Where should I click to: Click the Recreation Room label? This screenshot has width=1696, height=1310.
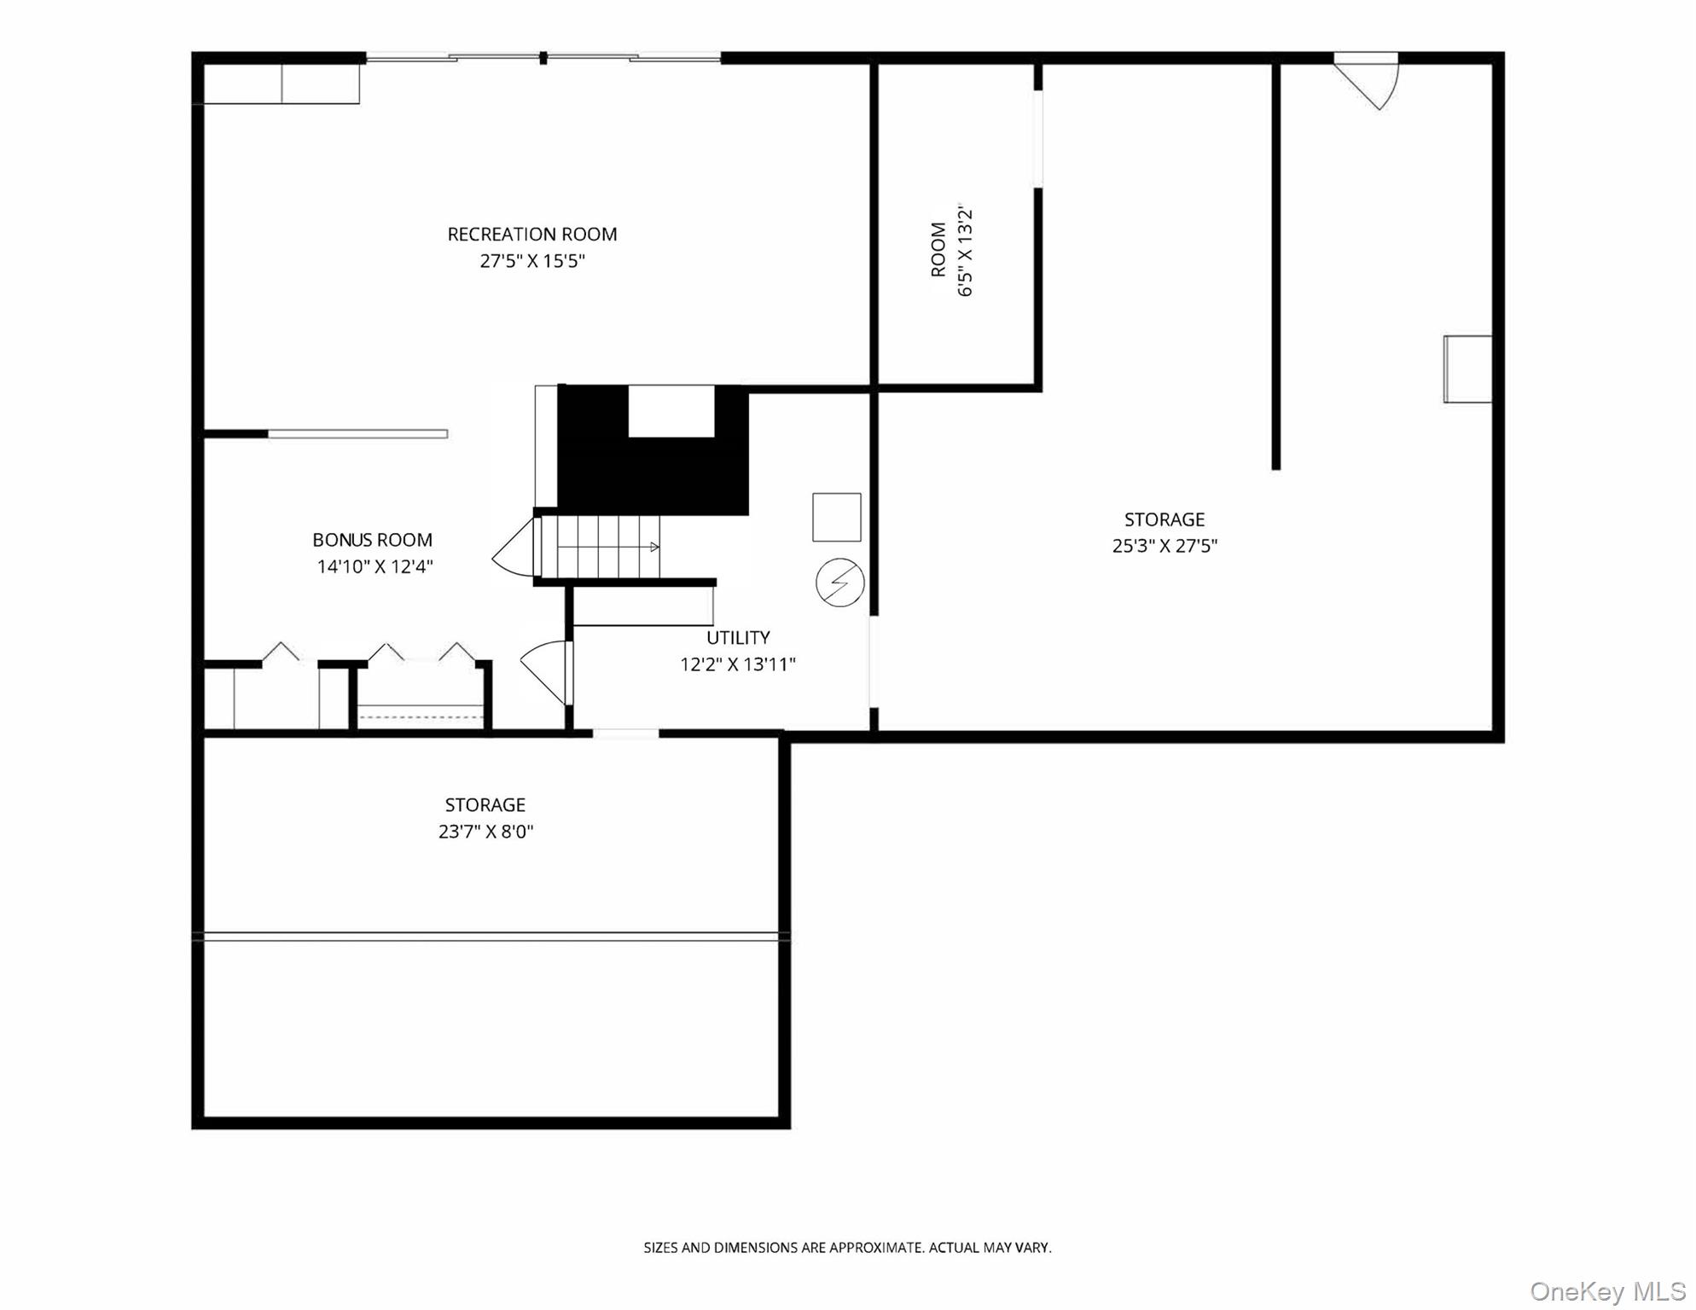pyautogui.click(x=531, y=234)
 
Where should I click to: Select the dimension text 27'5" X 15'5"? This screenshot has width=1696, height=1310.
pyautogui.click(x=531, y=261)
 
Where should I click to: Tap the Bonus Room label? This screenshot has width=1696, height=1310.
pyautogui.click(x=372, y=540)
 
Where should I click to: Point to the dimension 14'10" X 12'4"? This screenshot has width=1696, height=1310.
pyautogui.click(x=375, y=566)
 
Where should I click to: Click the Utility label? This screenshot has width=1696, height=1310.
pyautogui.click(x=738, y=637)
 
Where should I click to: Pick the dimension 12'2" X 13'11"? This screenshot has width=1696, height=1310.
pyautogui.click(x=738, y=664)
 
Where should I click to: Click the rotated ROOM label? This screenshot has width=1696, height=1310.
pyautogui.click(x=938, y=249)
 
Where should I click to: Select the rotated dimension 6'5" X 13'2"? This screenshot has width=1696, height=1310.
pyautogui.click(x=966, y=251)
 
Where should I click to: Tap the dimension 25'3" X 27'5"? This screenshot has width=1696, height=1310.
pyautogui.click(x=1164, y=546)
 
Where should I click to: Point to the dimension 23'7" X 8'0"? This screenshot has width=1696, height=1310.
pyautogui.click(x=485, y=832)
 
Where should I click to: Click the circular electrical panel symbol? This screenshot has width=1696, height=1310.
pyautogui.click(x=839, y=583)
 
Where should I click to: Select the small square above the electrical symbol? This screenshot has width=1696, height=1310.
pyautogui.click(x=836, y=517)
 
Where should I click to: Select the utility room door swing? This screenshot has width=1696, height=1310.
pyautogui.click(x=546, y=669)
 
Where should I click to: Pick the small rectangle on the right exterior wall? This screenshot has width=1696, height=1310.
pyautogui.click(x=1467, y=368)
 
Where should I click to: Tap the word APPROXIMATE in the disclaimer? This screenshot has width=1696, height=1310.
pyautogui.click(x=876, y=1248)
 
